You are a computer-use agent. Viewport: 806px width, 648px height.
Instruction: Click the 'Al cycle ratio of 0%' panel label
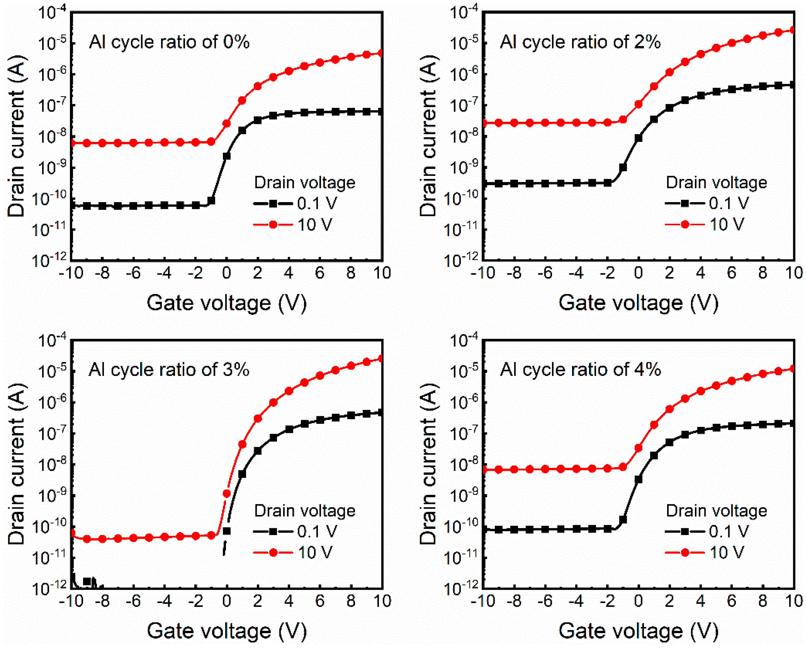(169, 42)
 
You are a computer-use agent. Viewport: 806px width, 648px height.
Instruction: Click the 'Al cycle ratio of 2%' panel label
(580, 42)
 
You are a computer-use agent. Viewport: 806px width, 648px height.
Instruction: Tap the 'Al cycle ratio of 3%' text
(169, 370)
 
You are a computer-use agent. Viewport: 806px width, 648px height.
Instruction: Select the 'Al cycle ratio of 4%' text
(580, 370)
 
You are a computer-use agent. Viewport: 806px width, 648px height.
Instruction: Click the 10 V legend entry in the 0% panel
(293, 224)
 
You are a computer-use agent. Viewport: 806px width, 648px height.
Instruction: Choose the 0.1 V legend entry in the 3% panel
(295, 531)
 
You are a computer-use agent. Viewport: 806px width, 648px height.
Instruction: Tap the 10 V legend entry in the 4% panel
(705, 552)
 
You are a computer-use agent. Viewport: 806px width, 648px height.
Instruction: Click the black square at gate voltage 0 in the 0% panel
(227, 156)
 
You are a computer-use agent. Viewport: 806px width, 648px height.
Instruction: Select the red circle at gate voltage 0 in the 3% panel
(227, 494)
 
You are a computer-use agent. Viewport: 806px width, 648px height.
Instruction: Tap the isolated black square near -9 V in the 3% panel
(87, 581)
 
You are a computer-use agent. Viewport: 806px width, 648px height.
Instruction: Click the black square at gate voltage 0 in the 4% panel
(639, 479)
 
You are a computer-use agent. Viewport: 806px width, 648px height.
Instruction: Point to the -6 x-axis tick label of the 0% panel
(133, 273)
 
